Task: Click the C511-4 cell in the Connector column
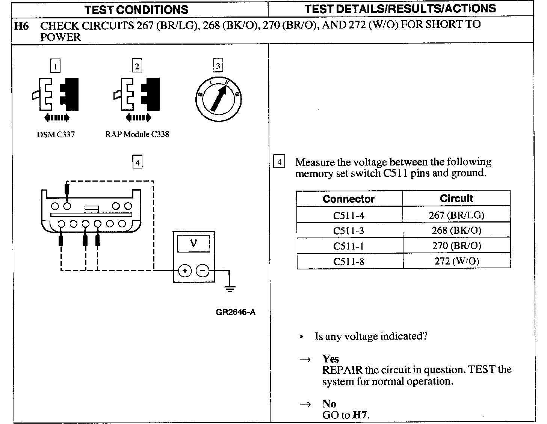349,215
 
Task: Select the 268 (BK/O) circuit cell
456,230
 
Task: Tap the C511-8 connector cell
349,262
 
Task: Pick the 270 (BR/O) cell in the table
456,246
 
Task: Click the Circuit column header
456,198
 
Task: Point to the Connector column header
349,199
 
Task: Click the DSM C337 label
56,134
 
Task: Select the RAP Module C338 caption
137,134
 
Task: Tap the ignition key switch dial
219,99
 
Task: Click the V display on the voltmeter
193,244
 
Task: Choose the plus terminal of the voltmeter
184,271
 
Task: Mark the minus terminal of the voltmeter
203,271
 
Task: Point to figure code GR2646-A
236,312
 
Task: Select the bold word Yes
331,359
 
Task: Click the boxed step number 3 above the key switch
218,66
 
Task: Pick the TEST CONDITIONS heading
136,9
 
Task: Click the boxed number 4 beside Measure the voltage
279,162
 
